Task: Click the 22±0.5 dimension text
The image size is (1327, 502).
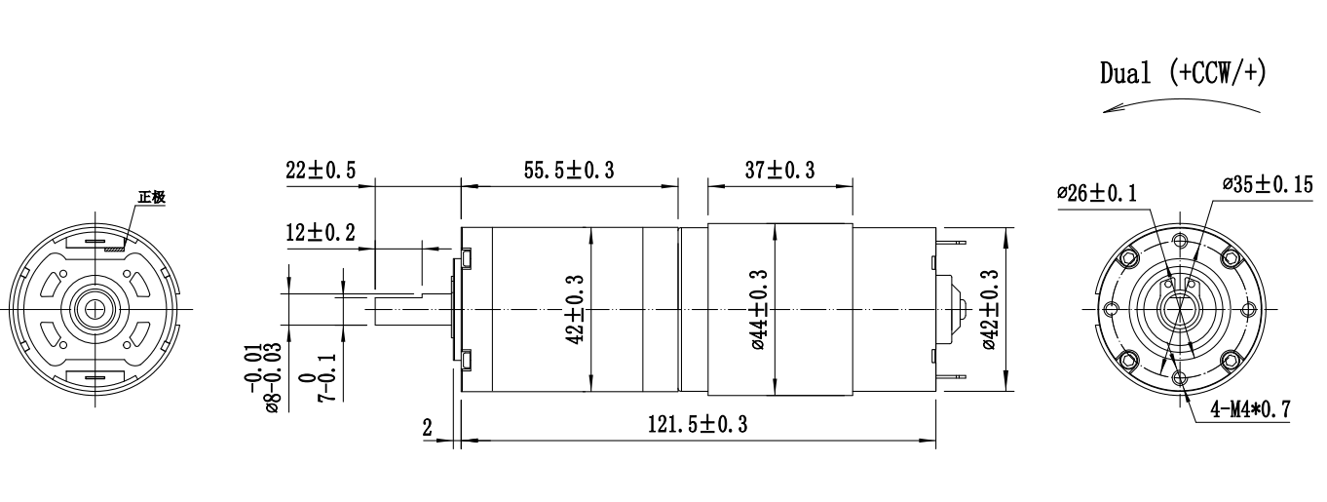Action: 321,171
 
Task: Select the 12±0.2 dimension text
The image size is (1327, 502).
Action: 321,232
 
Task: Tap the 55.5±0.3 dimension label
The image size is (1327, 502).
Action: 569,171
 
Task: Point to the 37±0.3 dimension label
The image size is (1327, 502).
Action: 779,171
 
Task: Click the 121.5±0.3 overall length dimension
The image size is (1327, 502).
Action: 698,424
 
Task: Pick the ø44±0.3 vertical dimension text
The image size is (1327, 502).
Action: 760,309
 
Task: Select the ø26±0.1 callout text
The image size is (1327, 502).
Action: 1097,193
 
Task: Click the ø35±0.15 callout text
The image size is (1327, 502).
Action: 1268,185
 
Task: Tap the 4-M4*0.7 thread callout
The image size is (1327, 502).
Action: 1251,409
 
